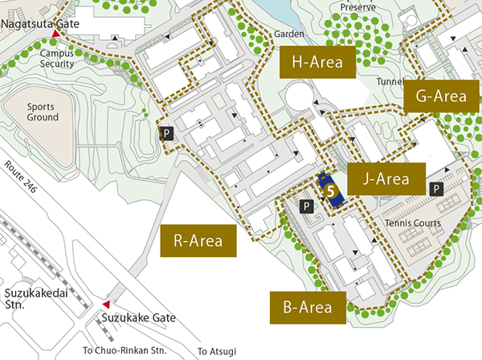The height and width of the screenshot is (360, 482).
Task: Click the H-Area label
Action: (x=317, y=62)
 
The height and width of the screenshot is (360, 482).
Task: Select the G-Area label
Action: (x=441, y=96)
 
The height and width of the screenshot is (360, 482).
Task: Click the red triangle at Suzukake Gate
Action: (x=106, y=305)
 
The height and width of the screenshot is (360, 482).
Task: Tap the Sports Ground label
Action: (x=42, y=112)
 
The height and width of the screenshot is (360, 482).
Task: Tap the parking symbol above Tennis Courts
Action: (x=435, y=189)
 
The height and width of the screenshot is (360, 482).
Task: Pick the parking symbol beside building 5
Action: (x=306, y=207)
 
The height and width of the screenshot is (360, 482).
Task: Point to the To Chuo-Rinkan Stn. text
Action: (x=125, y=350)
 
